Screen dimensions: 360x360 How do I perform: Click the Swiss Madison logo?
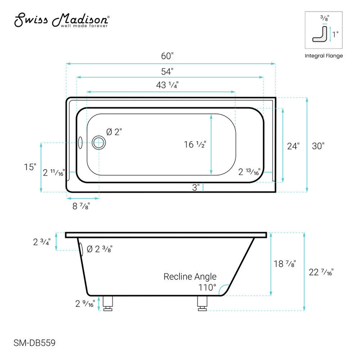click(x=62, y=21)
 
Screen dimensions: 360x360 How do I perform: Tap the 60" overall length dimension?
click(x=167, y=56)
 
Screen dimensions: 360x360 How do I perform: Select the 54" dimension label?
click(x=167, y=71)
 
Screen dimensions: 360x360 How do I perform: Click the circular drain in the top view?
click(x=99, y=143)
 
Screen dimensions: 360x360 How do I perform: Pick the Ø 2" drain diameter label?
click(x=114, y=132)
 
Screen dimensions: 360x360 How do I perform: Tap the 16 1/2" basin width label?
click(x=194, y=144)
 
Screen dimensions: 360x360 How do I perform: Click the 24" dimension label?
click(x=293, y=146)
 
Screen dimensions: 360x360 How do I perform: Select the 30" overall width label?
click(x=317, y=146)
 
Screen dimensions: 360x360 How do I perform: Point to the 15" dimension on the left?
click(x=30, y=167)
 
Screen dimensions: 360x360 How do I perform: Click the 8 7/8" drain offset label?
click(x=83, y=206)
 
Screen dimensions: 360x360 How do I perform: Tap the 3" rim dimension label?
click(x=196, y=188)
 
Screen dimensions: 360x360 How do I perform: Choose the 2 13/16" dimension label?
click(x=249, y=172)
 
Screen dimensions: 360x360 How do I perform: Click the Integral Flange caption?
click(x=324, y=56)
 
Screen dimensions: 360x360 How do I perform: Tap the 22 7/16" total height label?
click(x=322, y=272)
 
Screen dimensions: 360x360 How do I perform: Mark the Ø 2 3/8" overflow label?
click(x=99, y=249)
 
